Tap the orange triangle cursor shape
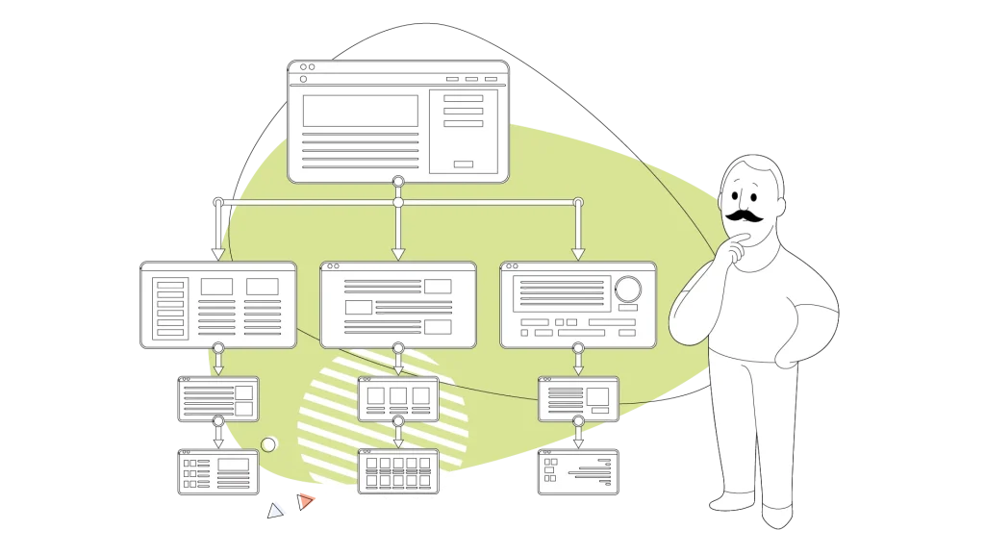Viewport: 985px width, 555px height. coord(306,500)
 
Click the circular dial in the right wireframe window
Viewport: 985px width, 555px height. coord(629,289)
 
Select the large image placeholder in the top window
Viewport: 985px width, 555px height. coord(361,111)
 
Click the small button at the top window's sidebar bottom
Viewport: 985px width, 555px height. coord(463,164)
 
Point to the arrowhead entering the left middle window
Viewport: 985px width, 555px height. coord(218,254)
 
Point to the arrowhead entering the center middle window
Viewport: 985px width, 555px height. coord(398,254)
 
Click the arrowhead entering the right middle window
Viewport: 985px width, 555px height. coord(578,254)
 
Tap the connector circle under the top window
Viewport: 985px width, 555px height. coord(398,181)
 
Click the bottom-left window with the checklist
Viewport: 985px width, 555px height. coord(218,472)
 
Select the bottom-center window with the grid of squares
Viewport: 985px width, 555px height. coord(398,471)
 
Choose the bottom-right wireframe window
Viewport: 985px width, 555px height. coord(578,471)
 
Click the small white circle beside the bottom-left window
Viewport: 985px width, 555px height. coord(269,444)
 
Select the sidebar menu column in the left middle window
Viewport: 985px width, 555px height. coord(169,307)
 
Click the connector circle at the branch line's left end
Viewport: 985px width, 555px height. coord(218,202)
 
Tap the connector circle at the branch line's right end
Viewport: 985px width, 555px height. coord(578,202)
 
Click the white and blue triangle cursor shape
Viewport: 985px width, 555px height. coord(277,510)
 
